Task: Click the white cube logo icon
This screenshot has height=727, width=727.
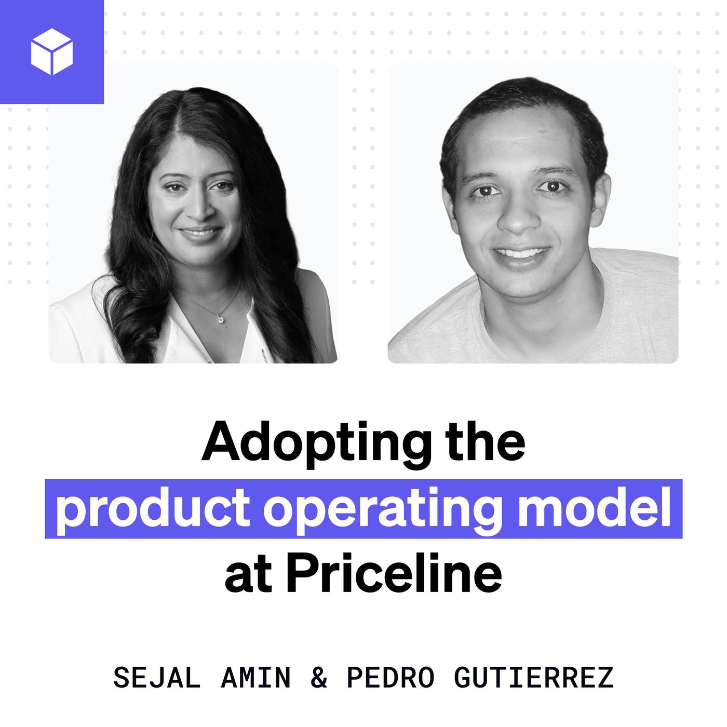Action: [x=52, y=51]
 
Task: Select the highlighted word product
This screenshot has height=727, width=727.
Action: [x=153, y=510]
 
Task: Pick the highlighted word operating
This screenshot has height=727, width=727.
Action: [x=385, y=510]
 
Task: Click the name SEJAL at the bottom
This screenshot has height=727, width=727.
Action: [x=157, y=678]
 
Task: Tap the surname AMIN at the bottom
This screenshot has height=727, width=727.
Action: [x=256, y=678]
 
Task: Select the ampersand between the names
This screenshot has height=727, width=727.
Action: [x=319, y=678]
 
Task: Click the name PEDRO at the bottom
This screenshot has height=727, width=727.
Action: [x=391, y=678]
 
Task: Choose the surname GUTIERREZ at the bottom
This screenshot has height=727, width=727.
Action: [x=534, y=678]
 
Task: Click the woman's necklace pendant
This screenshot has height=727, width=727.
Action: [x=220, y=319]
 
